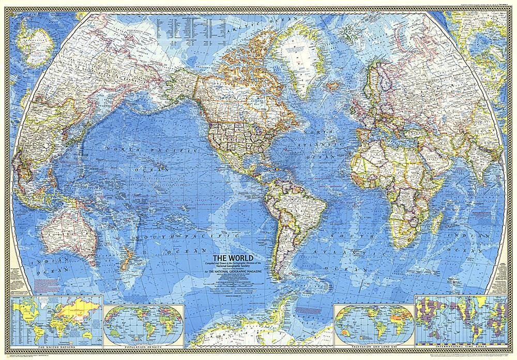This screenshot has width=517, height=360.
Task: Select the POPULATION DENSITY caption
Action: [143, 343]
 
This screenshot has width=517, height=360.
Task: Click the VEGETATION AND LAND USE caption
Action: [373, 343]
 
